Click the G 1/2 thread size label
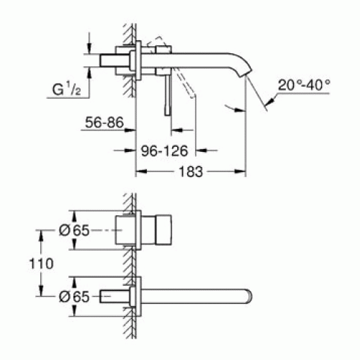click(67, 89)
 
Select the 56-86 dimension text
click(104, 122)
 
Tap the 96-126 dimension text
click(164, 151)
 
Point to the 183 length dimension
click(191, 172)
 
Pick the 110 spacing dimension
click(41, 264)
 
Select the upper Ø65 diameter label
click(74, 230)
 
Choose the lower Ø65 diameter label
click(74, 297)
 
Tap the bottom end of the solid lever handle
click(167, 114)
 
